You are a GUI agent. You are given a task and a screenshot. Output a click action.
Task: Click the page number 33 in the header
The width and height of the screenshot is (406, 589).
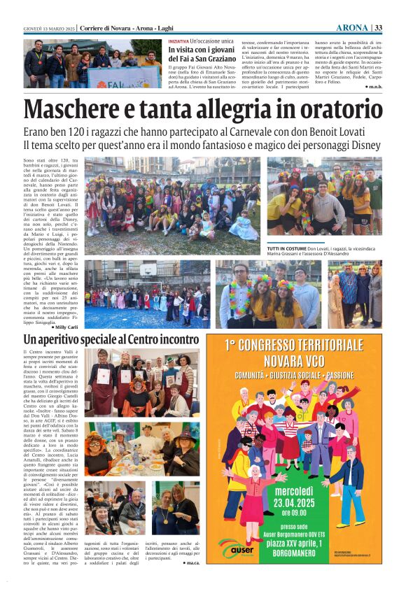point(379,27)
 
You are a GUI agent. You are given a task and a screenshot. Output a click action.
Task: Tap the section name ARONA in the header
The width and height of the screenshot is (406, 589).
point(351,27)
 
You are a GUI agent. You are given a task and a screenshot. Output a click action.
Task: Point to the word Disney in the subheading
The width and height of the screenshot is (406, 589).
point(362,146)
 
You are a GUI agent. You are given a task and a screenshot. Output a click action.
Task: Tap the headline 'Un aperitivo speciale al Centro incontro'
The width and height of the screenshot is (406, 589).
point(111,339)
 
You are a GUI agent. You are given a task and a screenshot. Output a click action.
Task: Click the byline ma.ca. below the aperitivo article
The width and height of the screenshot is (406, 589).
point(190,562)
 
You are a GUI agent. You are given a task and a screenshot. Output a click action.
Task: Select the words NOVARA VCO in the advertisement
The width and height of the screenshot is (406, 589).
point(304,361)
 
